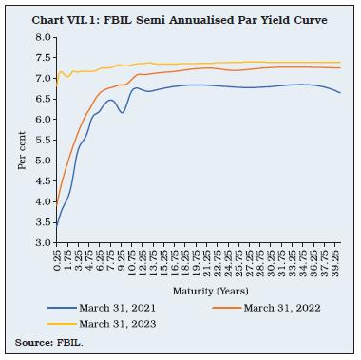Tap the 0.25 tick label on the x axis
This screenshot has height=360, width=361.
(x=59, y=260)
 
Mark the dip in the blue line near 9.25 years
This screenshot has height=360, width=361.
(x=122, y=113)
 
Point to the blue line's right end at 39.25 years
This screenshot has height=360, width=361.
(x=340, y=93)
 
